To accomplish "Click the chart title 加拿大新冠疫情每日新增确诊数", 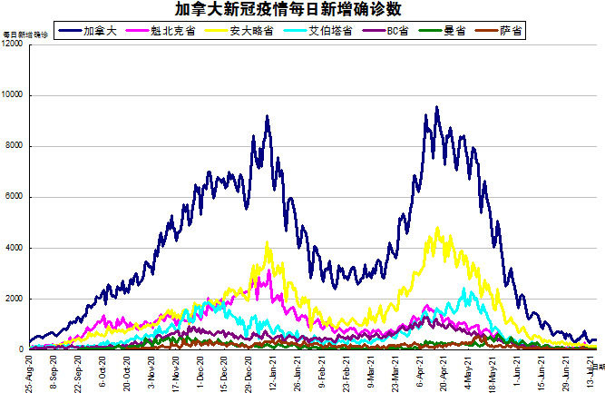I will (x=302, y=10).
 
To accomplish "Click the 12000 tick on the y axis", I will (x=14, y=44).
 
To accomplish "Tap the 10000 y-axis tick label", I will (x=14, y=95).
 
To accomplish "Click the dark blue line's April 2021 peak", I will (x=436, y=107).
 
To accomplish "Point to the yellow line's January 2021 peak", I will (x=267, y=241).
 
